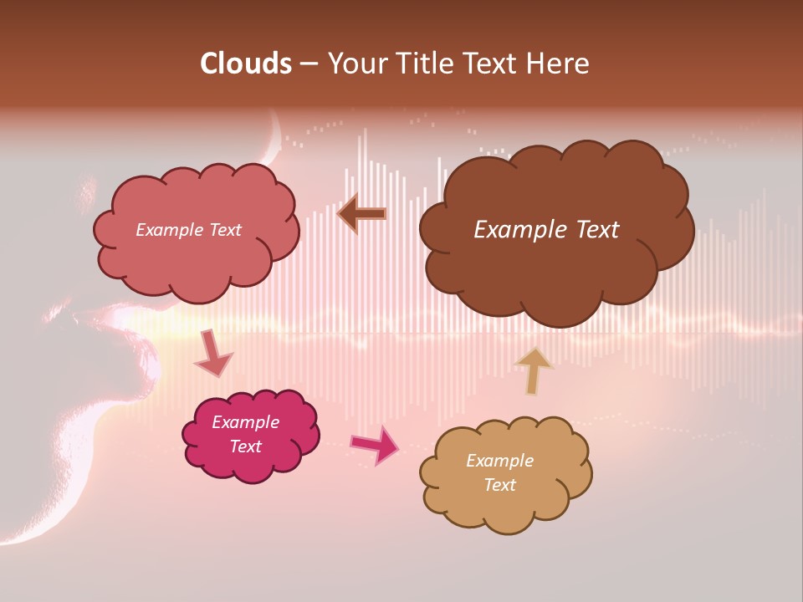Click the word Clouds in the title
pyautogui.click(x=246, y=64)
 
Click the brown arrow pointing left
pyautogui.click(x=362, y=214)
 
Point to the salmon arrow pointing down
pyautogui.click(x=212, y=355)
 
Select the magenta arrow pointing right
pyautogui.click(x=375, y=445)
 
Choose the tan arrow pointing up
pyautogui.click(x=534, y=370)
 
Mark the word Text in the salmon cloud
pyautogui.click(x=225, y=230)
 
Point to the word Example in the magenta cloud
pyautogui.click(x=245, y=422)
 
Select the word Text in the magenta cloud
pyautogui.click(x=245, y=446)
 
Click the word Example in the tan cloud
pyautogui.click(x=499, y=461)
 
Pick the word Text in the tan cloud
pyautogui.click(x=499, y=485)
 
